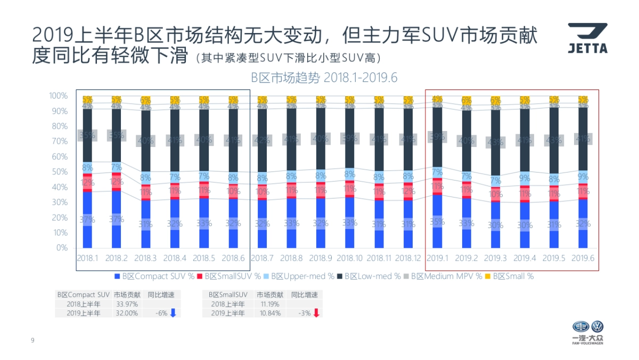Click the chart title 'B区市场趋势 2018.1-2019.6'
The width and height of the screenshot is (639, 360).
pyautogui.click(x=324, y=77)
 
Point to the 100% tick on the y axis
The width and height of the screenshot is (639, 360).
pyautogui.click(x=58, y=96)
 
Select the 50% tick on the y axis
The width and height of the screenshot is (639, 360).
pyautogui.click(x=60, y=172)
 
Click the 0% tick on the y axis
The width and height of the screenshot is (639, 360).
pyautogui.click(x=62, y=248)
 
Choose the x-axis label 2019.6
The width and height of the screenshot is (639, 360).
pyautogui.click(x=583, y=258)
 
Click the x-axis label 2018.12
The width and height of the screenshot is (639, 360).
pyautogui.click(x=408, y=258)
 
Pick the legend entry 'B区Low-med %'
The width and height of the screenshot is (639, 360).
pyautogui.click(x=372, y=276)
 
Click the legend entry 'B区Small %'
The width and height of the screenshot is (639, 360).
pyautogui.click(x=512, y=276)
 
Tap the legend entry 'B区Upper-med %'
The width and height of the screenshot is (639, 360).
pyautogui.click(x=302, y=276)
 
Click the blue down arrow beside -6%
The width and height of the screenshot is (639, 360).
pyautogui.click(x=173, y=313)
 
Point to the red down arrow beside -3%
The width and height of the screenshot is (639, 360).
pyautogui.click(x=316, y=313)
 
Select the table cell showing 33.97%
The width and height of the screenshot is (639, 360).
pyautogui.click(x=127, y=304)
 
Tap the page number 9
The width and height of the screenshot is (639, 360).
pyautogui.click(x=32, y=340)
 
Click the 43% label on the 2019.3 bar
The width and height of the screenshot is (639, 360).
pyautogui.click(x=495, y=142)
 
